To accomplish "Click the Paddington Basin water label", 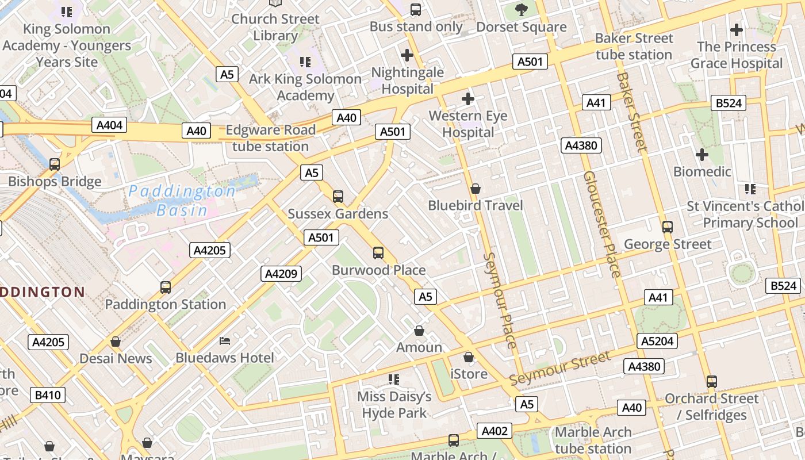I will point(182,200).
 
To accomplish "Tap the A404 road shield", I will point(109,125).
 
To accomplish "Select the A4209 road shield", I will point(281,274).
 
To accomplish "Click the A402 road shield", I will point(494,431).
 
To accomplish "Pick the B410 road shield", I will point(49,395).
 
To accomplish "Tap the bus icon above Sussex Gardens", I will point(338,197).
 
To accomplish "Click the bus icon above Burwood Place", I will point(378,253).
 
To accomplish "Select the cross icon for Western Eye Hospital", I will point(468,99).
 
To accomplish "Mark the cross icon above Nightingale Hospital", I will point(407,55).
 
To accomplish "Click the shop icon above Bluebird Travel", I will point(476,189).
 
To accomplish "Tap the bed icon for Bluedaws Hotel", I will point(225,341).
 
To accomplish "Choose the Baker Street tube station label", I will point(634,47).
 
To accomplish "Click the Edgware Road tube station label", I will point(270,138).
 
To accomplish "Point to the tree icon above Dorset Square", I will point(522,9).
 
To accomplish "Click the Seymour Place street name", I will point(500,300).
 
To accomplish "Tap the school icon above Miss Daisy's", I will point(394,379).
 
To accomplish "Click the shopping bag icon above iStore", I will point(469,357).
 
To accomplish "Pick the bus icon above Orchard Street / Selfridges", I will point(712,382).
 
